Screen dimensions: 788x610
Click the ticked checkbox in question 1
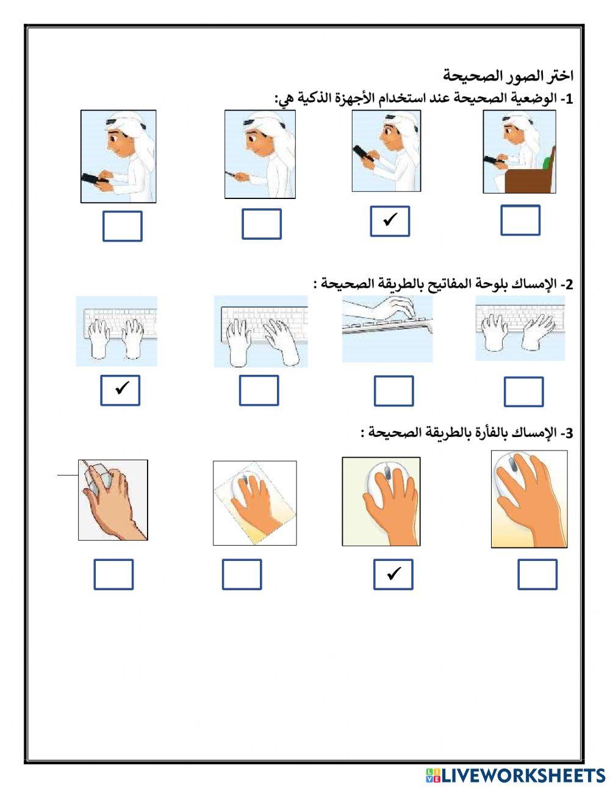click(x=390, y=221)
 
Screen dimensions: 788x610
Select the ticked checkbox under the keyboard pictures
click(x=120, y=390)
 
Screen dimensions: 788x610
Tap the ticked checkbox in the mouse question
click(x=393, y=574)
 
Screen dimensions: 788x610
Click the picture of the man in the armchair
click(x=519, y=152)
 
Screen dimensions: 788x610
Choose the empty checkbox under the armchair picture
click(x=520, y=220)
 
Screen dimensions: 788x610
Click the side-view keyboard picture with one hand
click(x=387, y=330)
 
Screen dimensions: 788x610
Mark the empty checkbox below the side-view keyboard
click(x=393, y=391)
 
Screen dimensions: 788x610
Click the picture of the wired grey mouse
click(x=113, y=500)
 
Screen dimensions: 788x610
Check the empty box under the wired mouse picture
click(x=113, y=574)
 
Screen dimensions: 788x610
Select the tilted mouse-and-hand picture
click(x=254, y=503)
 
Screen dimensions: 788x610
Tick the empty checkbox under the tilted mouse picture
click(x=242, y=574)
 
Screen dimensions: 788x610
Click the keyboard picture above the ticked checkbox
click(x=117, y=331)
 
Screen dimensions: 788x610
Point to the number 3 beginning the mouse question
click(x=570, y=434)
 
